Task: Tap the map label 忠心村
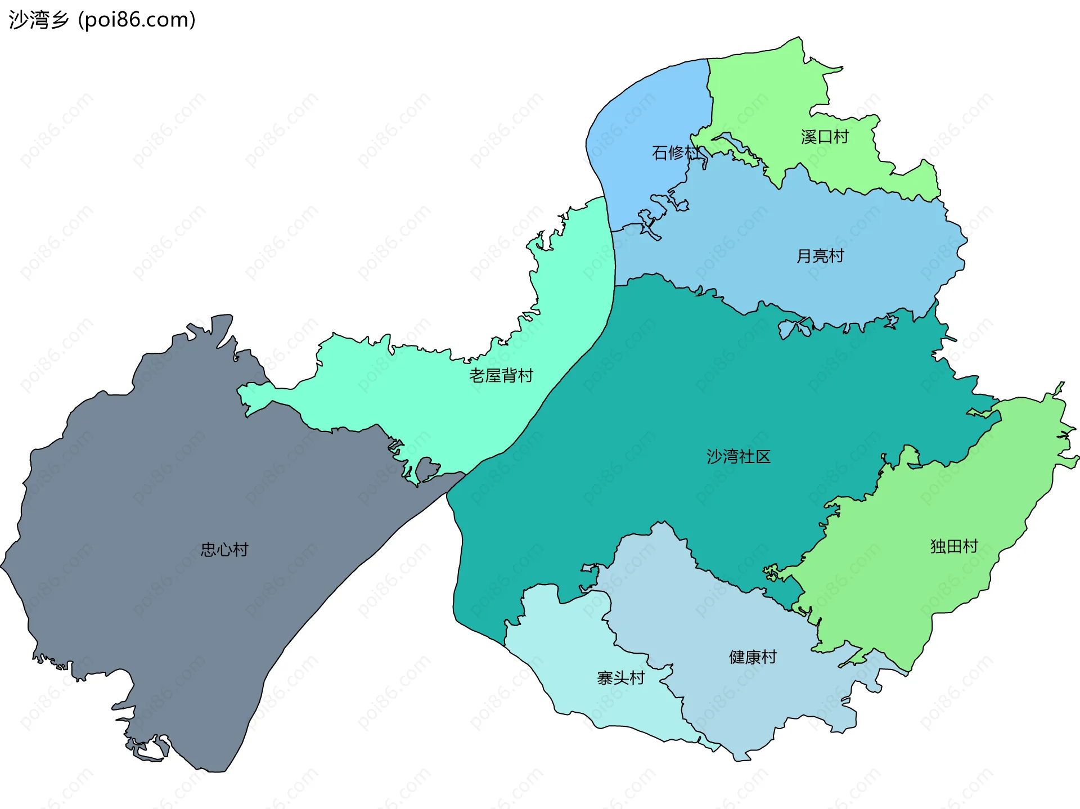pyautogui.click(x=224, y=550)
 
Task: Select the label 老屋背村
pyautogui.click(x=501, y=375)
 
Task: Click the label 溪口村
pyautogui.click(x=825, y=137)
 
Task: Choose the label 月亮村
pyautogui.click(x=820, y=256)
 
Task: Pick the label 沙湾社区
pyautogui.click(x=739, y=456)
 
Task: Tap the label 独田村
pyautogui.click(x=954, y=546)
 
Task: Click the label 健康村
pyautogui.click(x=753, y=657)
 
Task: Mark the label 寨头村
pyautogui.click(x=621, y=678)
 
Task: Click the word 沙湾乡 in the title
pyautogui.click(x=39, y=20)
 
